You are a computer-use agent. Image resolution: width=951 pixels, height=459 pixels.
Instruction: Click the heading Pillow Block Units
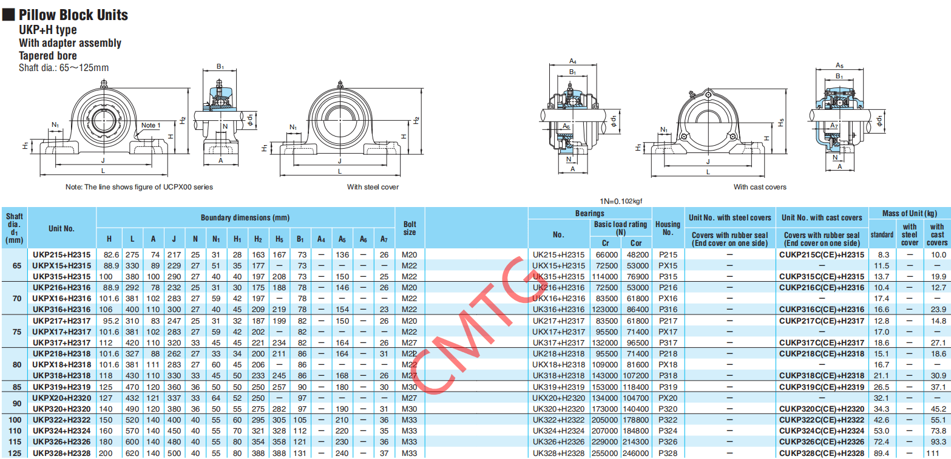click(x=73, y=15)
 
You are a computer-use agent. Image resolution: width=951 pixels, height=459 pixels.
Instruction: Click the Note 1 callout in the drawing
click(x=151, y=125)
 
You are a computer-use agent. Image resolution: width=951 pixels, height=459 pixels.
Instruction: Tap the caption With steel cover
click(x=373, y=187)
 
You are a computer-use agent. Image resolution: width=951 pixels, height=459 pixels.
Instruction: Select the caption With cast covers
click(x=760, y=187)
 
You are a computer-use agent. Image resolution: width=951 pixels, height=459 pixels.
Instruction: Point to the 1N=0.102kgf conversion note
click(x=621, y=201)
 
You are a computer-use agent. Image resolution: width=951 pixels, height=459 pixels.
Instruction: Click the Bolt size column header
click(x=410, y=228)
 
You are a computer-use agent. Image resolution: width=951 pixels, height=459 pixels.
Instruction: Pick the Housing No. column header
click(x=668, y=228)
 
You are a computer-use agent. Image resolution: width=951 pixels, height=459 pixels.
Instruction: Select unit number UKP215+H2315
click(x=61, y=255)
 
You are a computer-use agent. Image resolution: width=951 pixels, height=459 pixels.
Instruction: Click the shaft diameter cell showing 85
click(x=16, y=387)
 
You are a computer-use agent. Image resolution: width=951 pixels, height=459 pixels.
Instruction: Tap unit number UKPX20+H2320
click(x=61, y=398)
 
